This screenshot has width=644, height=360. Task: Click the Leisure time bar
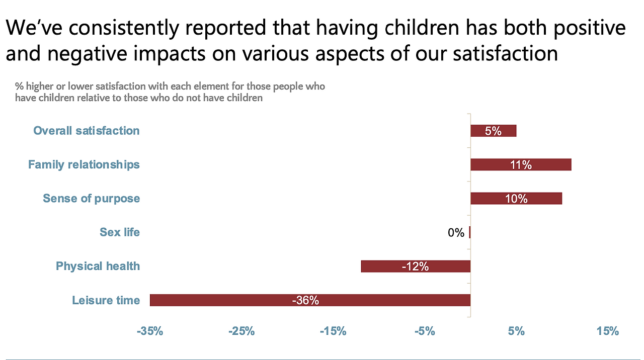tap(226, 300)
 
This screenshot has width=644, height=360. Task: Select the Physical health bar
tap(382, 266)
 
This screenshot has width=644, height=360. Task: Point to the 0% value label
tap(456, 233)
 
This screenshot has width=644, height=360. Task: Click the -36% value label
tap(305, 301)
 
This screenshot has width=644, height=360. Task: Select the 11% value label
tap(521, 165)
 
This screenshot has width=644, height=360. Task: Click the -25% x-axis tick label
tap(242, 331)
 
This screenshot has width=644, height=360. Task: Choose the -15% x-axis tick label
tap(333, 331)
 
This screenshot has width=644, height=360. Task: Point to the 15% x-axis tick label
tap(608, 331)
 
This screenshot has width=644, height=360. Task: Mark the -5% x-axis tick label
tap(425, 331)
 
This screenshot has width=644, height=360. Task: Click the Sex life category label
tap(120, 232)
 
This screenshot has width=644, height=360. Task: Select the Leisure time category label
tap(106, 300)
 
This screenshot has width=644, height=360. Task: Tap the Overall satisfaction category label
tap(87, 131)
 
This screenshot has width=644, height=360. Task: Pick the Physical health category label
tap(98, 266)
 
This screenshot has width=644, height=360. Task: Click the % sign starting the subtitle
tap(19, 86)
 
